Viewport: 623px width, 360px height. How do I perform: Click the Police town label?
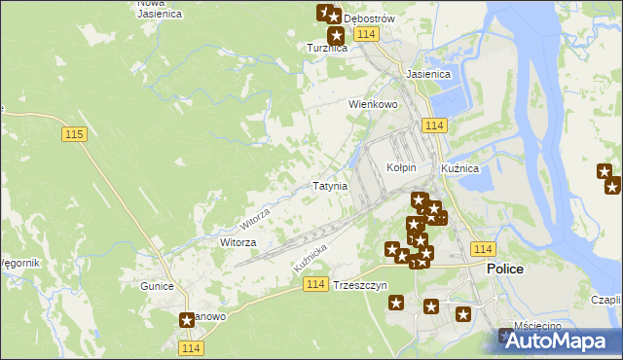505,269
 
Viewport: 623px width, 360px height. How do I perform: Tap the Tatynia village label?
330,186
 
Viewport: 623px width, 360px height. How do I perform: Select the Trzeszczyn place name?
360,286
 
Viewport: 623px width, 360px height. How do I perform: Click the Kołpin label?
401,167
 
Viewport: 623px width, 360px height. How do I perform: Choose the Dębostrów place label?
369,18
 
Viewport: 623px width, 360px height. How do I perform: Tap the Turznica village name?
327,48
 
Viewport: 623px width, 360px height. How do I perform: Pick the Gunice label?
156,286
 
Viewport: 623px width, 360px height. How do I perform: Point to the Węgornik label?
19,263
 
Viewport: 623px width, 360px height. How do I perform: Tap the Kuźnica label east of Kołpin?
459,168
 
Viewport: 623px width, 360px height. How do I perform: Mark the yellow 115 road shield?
74,133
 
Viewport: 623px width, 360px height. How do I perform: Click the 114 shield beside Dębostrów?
366,34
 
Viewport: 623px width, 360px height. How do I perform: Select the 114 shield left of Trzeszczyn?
313,283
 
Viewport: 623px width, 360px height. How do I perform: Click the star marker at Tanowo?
187,319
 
